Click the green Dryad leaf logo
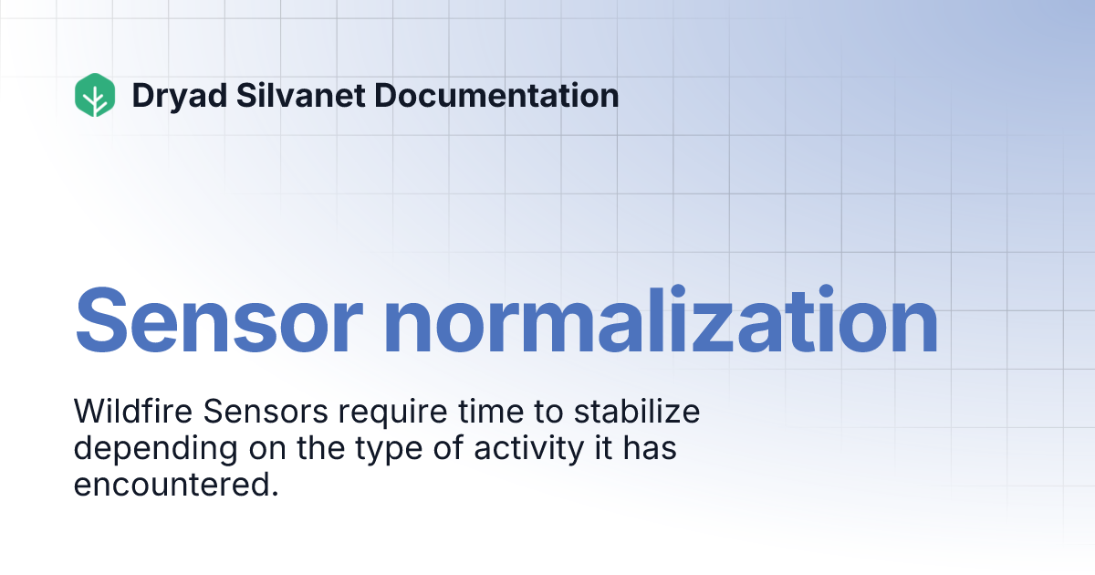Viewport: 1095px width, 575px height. [95, 95]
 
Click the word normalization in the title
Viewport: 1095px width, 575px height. [661, 320]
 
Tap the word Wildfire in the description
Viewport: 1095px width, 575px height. [132, 413]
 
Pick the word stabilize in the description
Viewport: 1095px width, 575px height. [637, 413]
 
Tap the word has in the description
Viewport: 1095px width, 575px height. [651, 449]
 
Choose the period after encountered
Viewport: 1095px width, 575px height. [273, 495]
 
